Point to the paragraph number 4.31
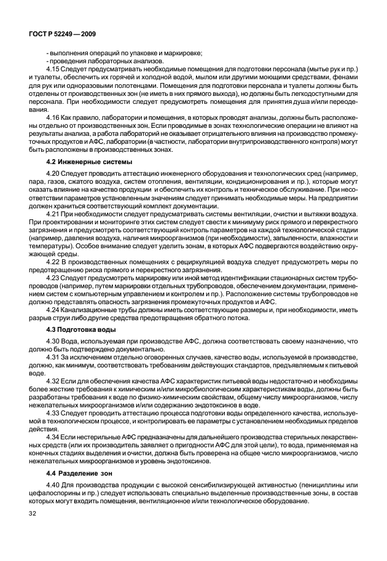54,356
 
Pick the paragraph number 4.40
54,488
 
